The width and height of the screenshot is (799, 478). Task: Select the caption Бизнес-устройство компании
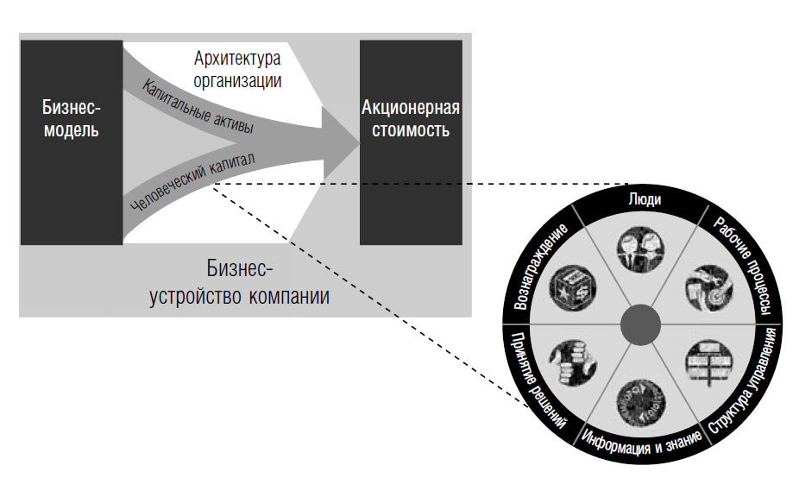[x=241, y=282]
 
